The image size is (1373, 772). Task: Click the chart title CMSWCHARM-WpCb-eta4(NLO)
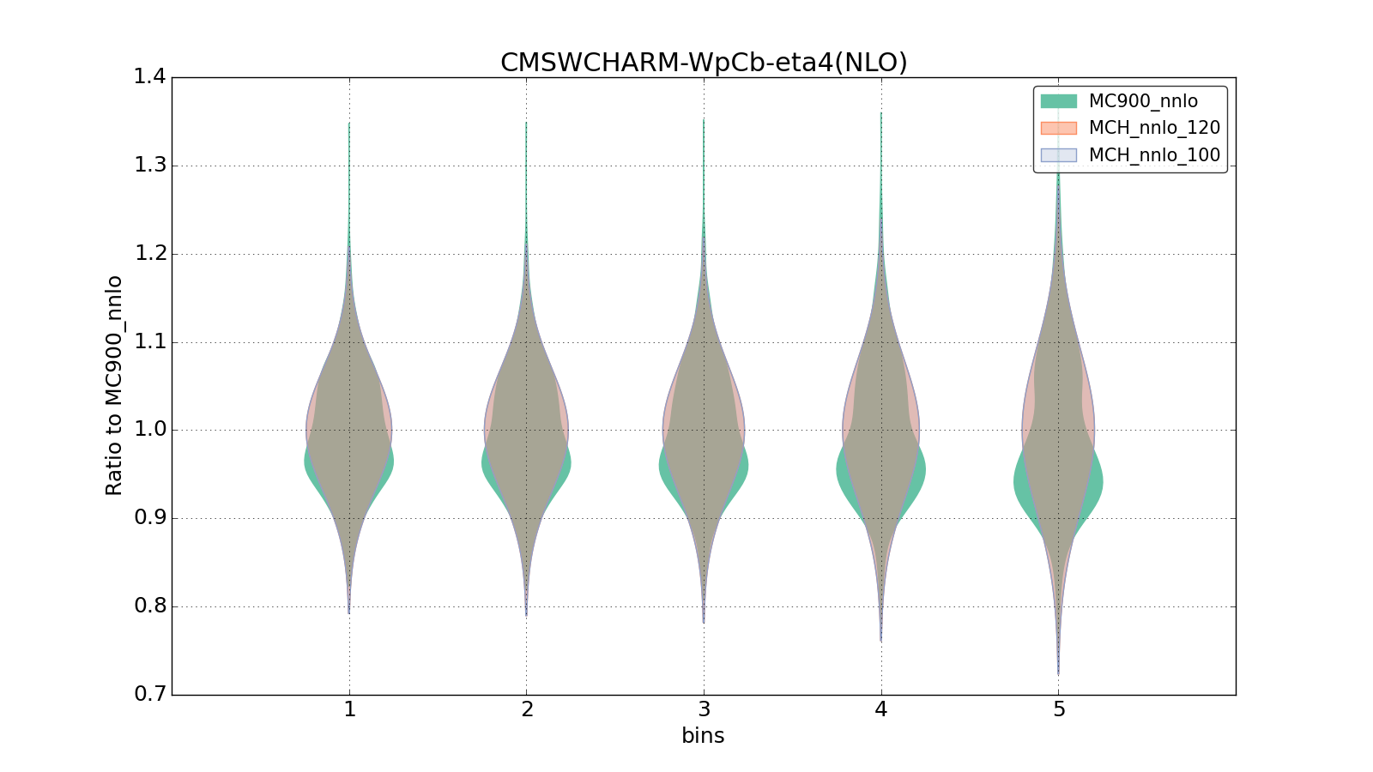point(704,63)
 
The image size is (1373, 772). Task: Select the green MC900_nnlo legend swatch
point(1058,101)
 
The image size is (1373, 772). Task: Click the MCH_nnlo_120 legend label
point(1154,129)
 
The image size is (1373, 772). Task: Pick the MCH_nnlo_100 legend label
point(1154,156)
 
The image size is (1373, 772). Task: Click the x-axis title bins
point(703,736)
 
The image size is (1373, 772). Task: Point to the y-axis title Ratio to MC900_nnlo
point(114,386)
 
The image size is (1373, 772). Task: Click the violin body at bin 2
point(526,429)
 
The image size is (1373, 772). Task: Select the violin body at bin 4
point(881,429)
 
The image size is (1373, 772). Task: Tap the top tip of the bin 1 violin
point(349,124)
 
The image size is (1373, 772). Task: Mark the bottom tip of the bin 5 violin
point(1058,673)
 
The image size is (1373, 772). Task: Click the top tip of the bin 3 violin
point(704,120)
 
